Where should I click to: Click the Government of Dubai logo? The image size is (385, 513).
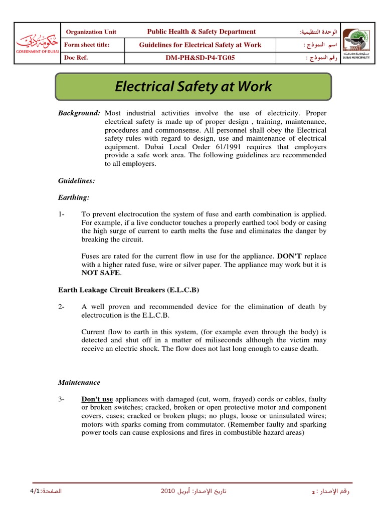coord(37,44)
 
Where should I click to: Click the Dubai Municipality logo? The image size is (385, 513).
coord(356,44)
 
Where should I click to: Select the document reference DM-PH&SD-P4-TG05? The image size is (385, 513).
coord(200,58)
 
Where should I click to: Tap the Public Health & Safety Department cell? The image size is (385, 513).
coord(201,32)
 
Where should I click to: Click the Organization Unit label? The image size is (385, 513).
coord(91,32)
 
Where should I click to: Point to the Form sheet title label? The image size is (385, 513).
coord(88,45)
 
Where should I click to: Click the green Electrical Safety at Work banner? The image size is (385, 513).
coord(193,87)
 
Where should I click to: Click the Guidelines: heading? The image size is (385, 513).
coord(77,181)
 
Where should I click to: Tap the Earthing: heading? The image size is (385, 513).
coord(74,198)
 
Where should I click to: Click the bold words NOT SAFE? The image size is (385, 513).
coord(101,273)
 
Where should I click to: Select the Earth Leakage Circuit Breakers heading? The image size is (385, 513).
coord(131,290)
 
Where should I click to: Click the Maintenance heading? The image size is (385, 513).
coord(79,382)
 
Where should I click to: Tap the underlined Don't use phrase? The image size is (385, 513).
coord(97,399)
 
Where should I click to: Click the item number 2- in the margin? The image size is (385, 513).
coord(62,307)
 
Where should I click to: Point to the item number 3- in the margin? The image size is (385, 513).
coord(62,399)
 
